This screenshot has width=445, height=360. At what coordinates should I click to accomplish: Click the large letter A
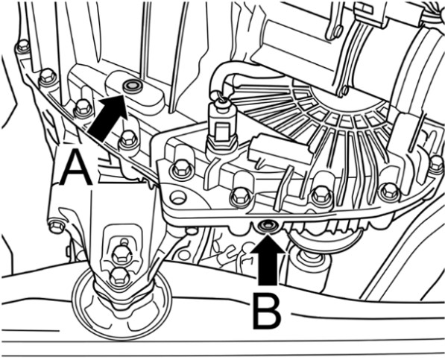[x=76, y=168]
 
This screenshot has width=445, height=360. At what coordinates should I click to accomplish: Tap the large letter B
[x=267, y=312]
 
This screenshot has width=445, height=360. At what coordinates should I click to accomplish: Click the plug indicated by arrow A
[x=133, y=85]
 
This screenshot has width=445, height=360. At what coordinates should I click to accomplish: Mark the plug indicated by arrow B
[x=268, y=225]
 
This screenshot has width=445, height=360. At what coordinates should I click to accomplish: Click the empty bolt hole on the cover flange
[x=177, y=197]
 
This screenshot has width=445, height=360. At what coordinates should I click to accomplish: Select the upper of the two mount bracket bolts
[x=121, y=253]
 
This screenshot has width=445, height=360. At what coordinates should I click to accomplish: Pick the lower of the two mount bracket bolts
[x=120, y=275]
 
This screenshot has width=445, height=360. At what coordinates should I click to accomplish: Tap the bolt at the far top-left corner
[x=23, y=46]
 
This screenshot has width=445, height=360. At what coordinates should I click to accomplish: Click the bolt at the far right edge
[x=437, y=164]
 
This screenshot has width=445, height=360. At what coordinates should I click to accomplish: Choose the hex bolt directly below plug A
[x=129, y=139]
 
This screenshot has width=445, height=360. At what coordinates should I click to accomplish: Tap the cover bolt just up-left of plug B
[x=241, y=195]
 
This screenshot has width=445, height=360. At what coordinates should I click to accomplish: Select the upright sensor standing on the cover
[x=221, y=127]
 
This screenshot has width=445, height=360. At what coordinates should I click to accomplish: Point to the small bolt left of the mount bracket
[x=57, y=226]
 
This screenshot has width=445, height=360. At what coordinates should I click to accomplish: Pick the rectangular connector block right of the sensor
[x=280, y=151]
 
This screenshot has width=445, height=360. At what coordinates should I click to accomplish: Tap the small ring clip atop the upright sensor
[x=221, y=96]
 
